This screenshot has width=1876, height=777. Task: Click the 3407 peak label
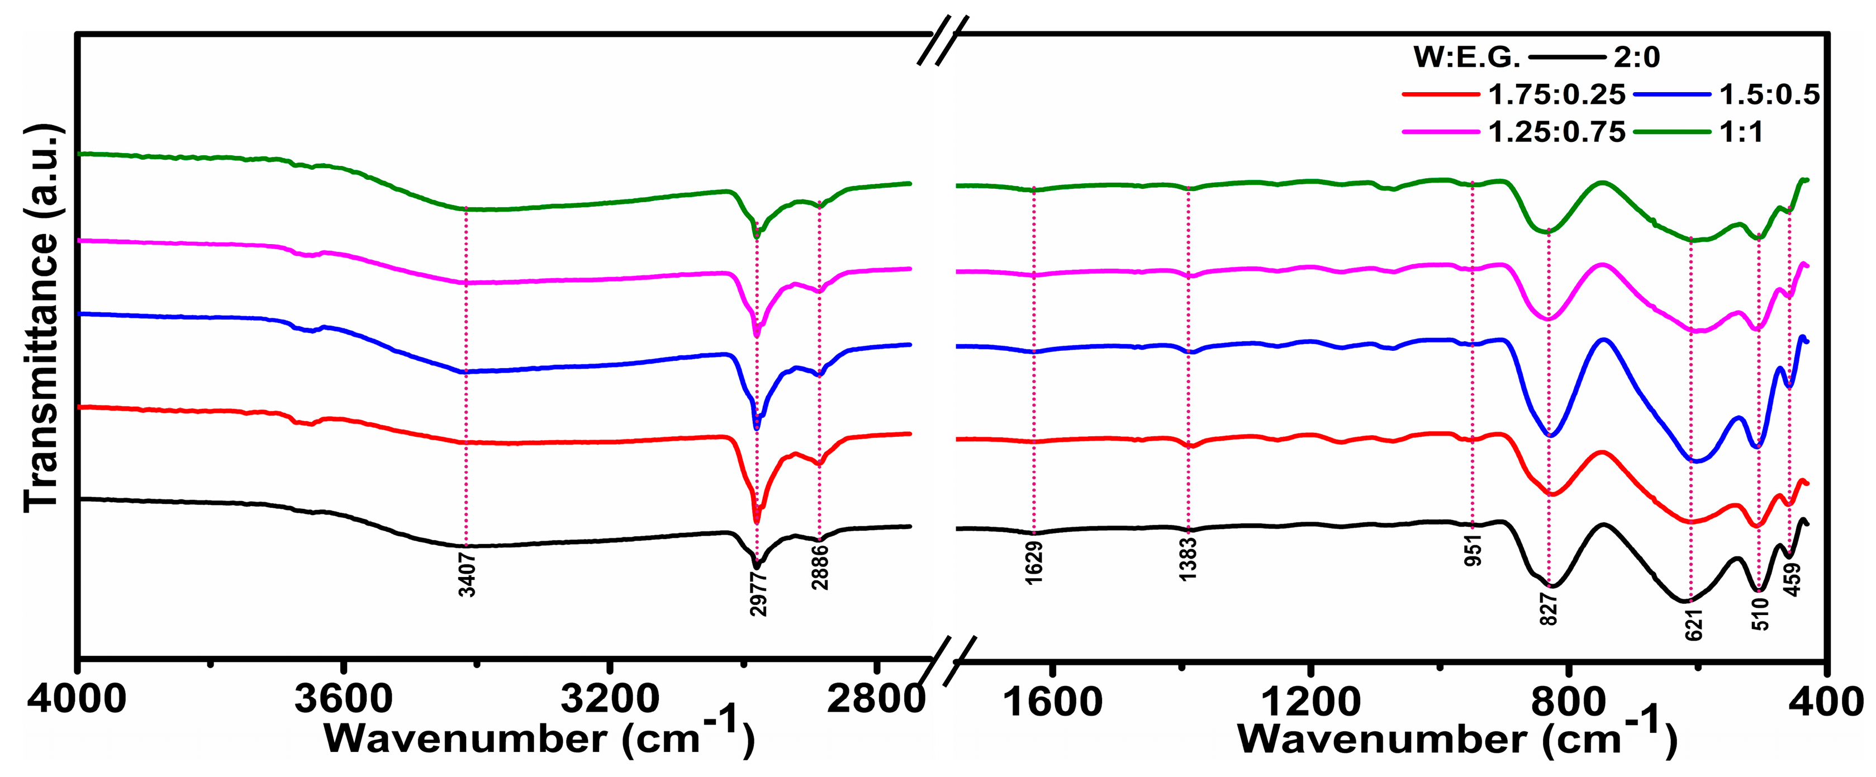tap(467, 575)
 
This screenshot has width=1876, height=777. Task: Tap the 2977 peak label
tap(758, 593)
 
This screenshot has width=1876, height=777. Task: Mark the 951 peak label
tap(1473, 549)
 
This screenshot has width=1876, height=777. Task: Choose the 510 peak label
tap(1760, 614)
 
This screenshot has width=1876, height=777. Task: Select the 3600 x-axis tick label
tap(343, 700)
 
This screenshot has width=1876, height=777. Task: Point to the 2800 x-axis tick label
tap(876, 700)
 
